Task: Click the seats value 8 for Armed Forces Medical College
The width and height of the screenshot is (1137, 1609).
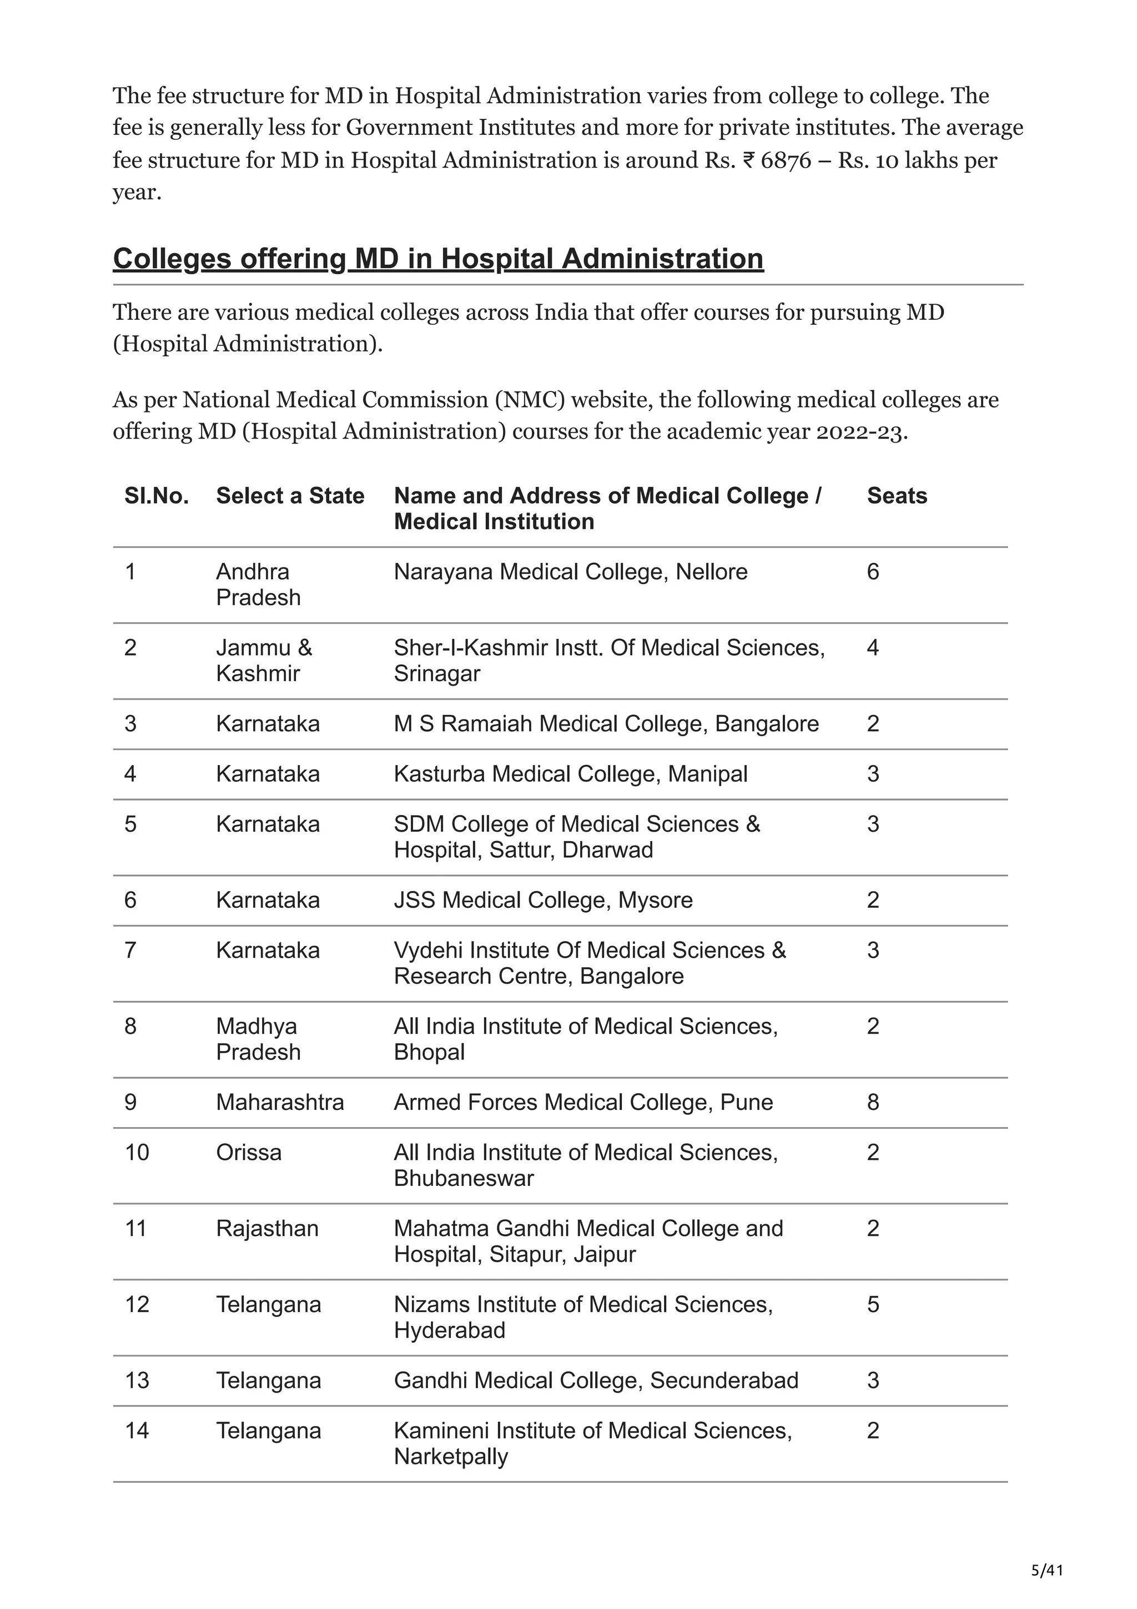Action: click(872, 1102)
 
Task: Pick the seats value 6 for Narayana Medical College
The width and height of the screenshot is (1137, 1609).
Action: click(872, 571)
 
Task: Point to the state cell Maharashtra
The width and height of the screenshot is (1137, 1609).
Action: click(279, 1102)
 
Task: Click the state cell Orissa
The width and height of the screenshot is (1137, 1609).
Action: click(248, 1152)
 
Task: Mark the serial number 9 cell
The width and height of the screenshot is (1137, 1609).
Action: click(130, 1102)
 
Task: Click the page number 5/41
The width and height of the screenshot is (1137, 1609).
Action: click(1047, 1570)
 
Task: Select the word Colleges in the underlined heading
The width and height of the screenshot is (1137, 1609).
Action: click(172, 259)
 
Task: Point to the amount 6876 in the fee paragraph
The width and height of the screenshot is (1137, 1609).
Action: click(786, 160)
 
